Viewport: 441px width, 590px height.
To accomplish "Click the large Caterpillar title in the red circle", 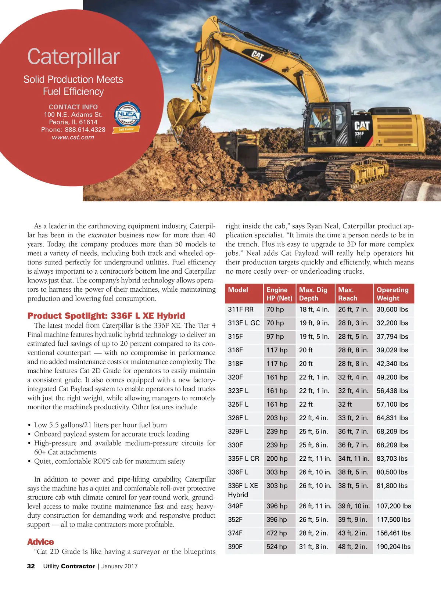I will [x=73, y=57].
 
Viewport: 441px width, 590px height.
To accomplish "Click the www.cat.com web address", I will [x=73, y=137].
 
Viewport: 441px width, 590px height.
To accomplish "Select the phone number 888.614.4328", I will [x=85, y=130].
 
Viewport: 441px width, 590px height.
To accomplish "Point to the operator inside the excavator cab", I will [x=325, y=121].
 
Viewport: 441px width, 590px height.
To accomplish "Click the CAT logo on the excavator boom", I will [x=258, y=55].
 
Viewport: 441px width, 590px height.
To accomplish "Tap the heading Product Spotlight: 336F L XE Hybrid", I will [x=106, y=316].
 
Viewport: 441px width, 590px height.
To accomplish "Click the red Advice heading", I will [x=40, y=542].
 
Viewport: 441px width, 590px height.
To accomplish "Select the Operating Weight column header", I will [x=392, y=294].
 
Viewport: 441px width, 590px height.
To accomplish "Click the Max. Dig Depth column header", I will [x=313, y=294].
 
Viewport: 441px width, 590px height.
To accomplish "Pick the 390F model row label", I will [x=235, y=547].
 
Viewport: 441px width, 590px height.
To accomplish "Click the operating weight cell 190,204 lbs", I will [x=393, y=547].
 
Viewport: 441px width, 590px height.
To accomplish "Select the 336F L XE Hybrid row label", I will [x=243, y=490].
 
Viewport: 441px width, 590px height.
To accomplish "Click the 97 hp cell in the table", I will [x=275, y=337].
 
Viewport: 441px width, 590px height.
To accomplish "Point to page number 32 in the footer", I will [x=31, y=566].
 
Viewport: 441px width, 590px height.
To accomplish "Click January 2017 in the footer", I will [x=119, y=566].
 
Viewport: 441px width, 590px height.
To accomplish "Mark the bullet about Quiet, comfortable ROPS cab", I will [x=109, y=461].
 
